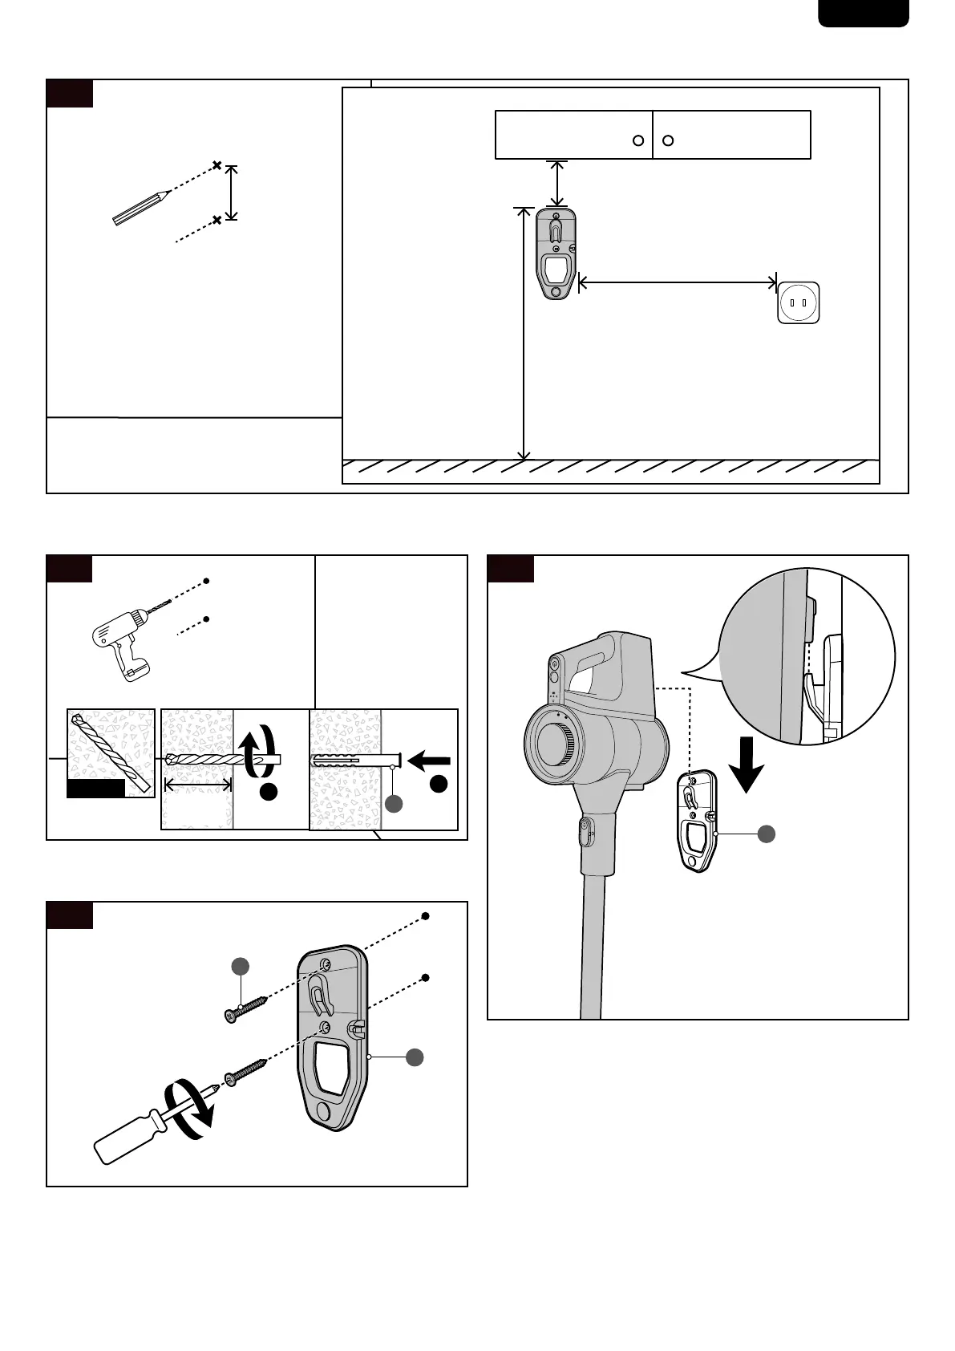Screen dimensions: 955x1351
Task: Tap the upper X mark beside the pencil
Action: coord(216,166)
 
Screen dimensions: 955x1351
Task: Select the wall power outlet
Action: coord(798,302)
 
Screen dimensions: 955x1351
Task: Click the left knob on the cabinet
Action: coord(638,140)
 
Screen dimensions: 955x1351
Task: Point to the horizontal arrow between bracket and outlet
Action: coord(678,282)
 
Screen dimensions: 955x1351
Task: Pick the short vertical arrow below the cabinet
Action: coord(556,184)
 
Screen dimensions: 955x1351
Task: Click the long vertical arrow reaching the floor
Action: coord(524,333)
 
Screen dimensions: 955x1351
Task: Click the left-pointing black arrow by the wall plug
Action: coord(430,760)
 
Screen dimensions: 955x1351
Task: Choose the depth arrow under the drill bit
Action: coord(197,783)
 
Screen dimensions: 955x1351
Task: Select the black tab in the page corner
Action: coord(864,13)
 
